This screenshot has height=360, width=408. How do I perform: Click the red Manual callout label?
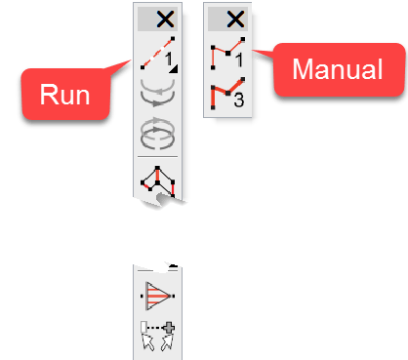point(337,70)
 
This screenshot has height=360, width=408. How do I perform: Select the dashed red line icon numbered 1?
point(156,57)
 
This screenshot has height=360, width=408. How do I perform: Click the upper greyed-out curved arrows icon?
point(156,95)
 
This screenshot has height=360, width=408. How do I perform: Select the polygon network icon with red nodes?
point(156,180)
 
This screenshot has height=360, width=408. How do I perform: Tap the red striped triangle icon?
point(156,295)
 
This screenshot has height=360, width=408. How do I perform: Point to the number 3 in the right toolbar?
point(238,102)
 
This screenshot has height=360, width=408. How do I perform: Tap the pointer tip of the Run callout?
point(136,60)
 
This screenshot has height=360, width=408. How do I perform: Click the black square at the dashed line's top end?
point(171,41)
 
